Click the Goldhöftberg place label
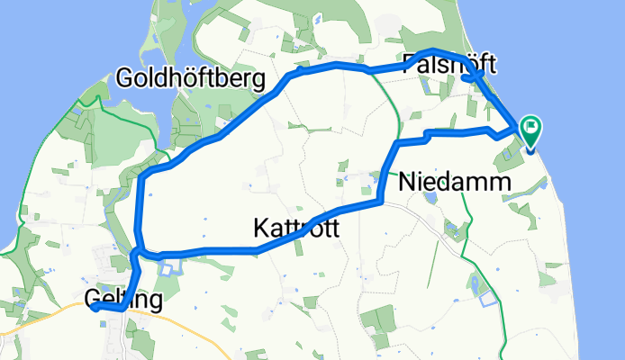[x=191, y=79]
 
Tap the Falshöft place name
[x=450, y=65]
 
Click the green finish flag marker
[x=530, y=131]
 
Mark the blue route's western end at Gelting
[x=94, y=307]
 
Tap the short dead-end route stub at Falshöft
[x=467, y=78]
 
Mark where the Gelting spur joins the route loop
[x=138, y=254]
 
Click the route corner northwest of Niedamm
[x=397, y=143]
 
